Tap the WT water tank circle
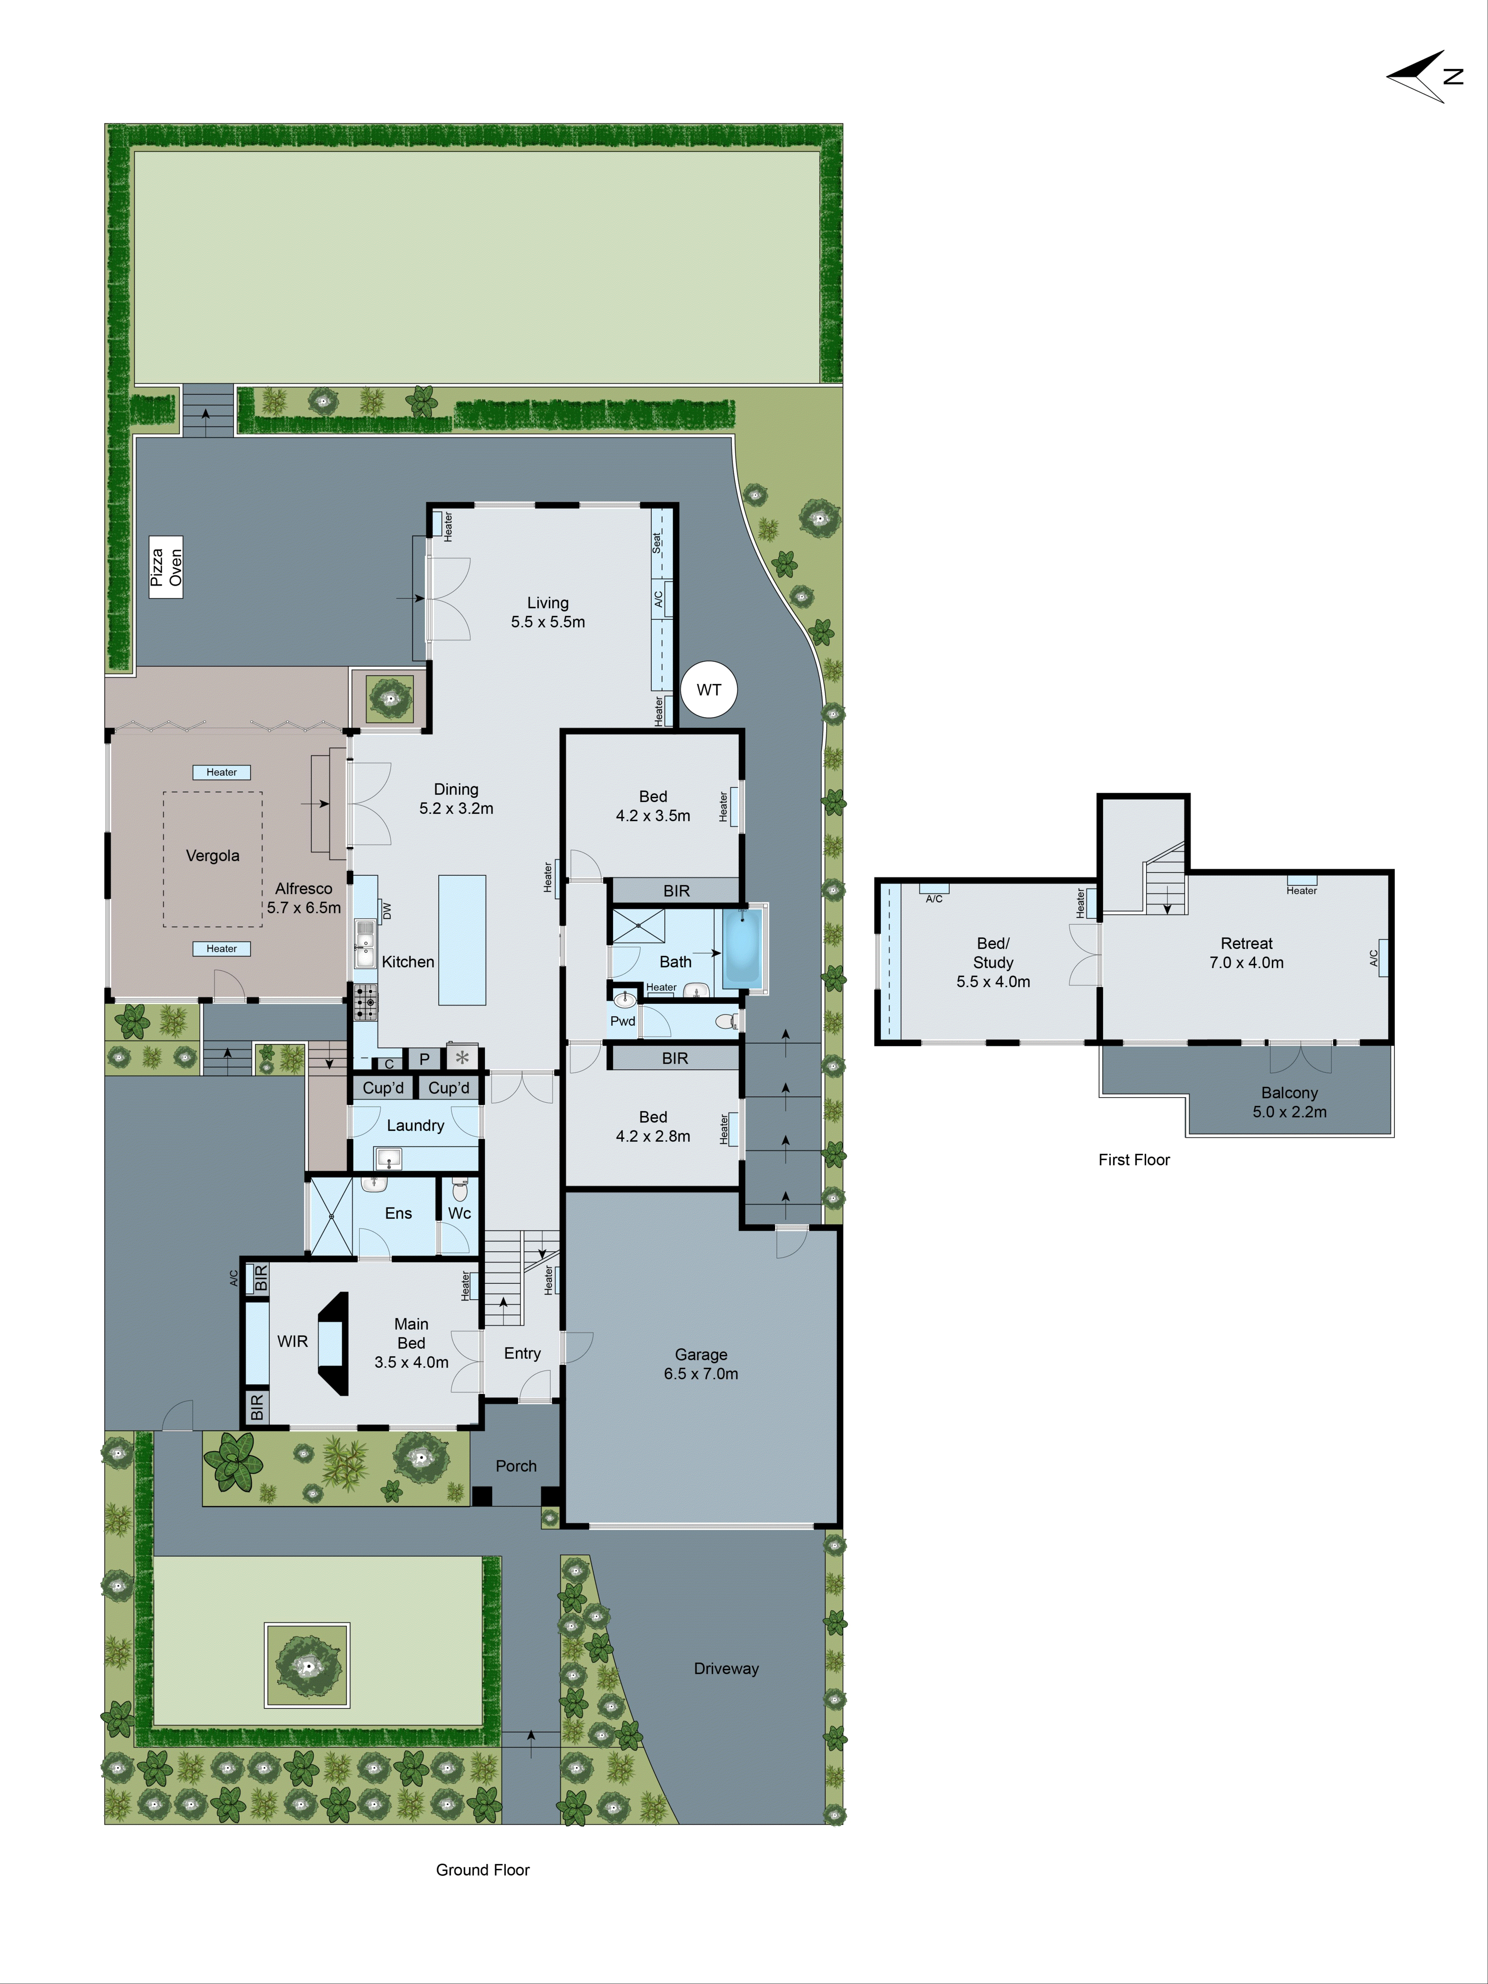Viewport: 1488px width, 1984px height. pos(708,690)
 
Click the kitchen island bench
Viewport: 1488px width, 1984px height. pos(462,940)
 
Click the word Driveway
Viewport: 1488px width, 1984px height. pos(726,1668)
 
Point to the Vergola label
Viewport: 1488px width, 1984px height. pos(213,856)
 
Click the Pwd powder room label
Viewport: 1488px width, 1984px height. pos(623,1021)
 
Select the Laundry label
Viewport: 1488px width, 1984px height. pos(415,1126)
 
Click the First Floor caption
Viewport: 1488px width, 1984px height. pos(1134,1160)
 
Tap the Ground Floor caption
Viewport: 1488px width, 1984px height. pos(483,1870)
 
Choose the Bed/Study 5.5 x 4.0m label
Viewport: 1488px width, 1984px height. pos(993,962)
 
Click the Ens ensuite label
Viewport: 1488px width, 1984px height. pos(398,1213)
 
